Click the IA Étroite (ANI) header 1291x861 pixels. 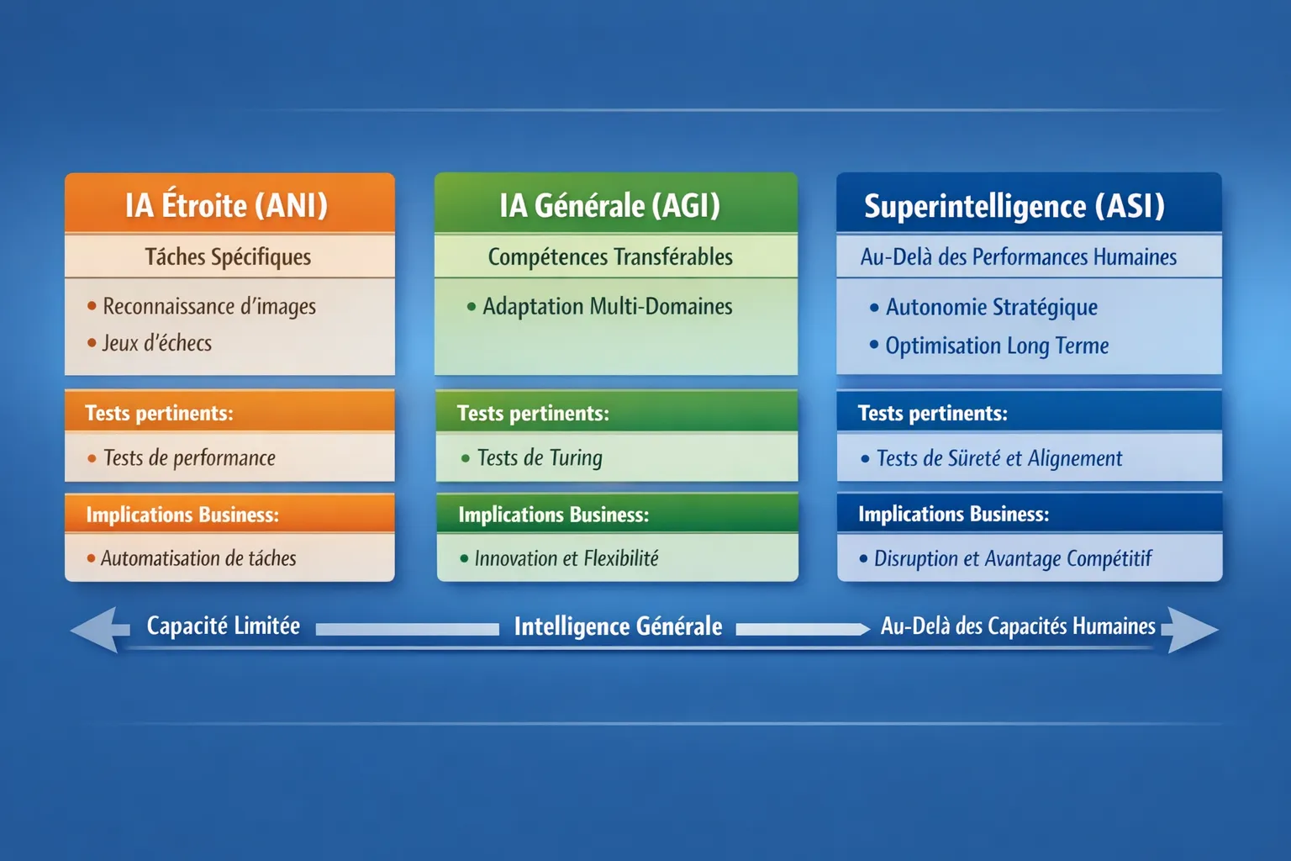(x=226, y=205)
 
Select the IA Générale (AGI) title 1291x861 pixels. (x=609, y=206)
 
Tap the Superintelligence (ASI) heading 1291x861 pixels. (x=1014, y=207)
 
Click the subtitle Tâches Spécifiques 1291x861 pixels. (x=228, y=257)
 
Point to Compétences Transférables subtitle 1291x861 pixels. (x=610, y=257)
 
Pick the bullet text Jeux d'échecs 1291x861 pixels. (x=157, y=343)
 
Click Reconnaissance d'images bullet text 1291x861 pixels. (x=209, y=307)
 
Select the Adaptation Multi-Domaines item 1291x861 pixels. (x=608, y=307)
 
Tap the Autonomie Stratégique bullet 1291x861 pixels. (x=991, y=308)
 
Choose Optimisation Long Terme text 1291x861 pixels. (x=997, y=346)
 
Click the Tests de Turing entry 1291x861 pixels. (x=540, y=458)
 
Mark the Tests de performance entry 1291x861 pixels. (x=190, y=458)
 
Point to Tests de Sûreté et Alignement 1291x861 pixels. (x=999, y=458)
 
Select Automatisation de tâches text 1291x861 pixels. (x=199, y=558)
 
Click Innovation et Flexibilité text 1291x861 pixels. (x=566, y=558)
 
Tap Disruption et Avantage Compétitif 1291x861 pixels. (x=1013, y=558)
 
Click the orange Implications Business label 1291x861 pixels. (x=182, y=515)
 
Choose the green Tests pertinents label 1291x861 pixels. (x=533, y=414)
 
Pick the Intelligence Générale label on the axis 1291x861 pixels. (x=618, y=627)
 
